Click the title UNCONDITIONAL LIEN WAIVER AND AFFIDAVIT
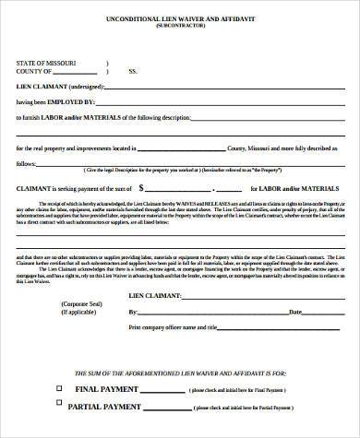pos(180,18)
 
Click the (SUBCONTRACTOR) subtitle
pos(180,28)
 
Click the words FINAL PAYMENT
pos(104,390)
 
